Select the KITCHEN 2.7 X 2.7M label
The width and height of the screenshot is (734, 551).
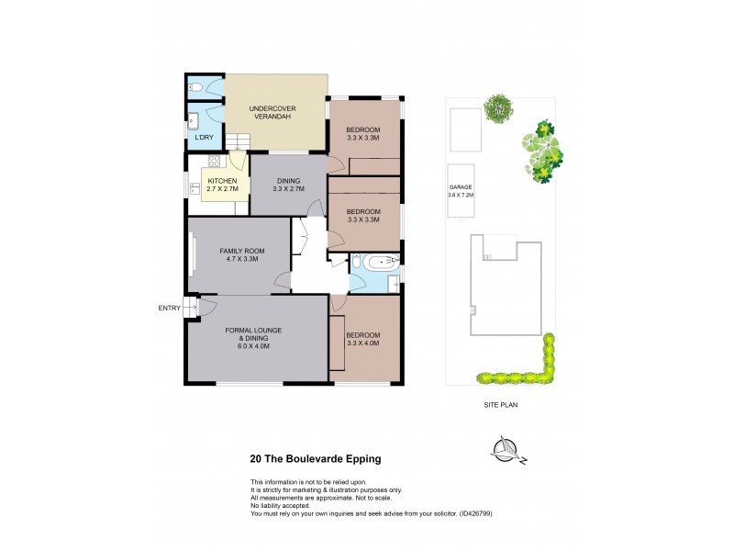pyautogui.click(x=223, y=185)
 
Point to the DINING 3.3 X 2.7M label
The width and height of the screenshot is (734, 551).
pyautogui.click(x=288, y=185)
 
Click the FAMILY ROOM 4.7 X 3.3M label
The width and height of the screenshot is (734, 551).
pyautogui.click(x=240, y=254)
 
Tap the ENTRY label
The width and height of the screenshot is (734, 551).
pyautogui.click(x=169, y=308)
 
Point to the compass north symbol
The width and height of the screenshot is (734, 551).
pyautogui.click(x=505, y=448)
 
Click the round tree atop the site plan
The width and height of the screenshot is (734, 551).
pyautogui.click(x=498, y=107)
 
